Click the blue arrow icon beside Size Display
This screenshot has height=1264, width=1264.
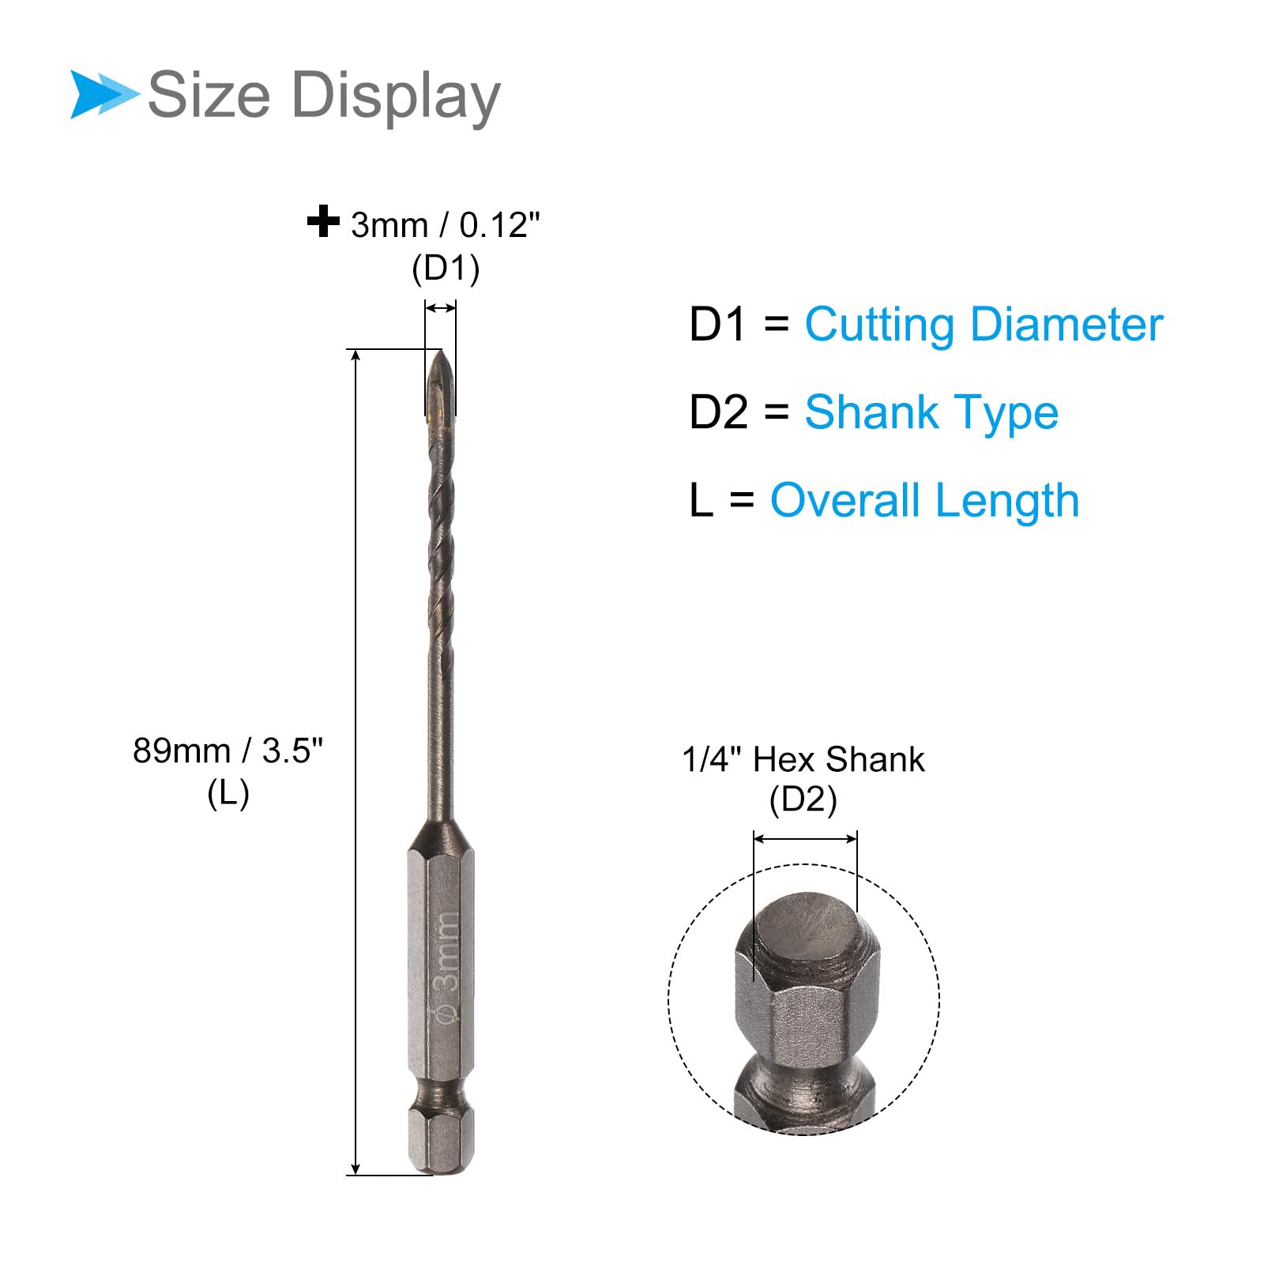click(103, 95)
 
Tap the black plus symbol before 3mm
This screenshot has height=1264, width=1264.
click(323, 221)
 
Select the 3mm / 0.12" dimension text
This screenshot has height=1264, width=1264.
click(446, 225)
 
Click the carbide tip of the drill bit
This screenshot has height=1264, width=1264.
click(440, 383)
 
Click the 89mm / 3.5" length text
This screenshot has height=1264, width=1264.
click(228, 750)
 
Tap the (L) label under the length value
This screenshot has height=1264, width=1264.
click(228, 793)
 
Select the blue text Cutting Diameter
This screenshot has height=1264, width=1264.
click(984, 325)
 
